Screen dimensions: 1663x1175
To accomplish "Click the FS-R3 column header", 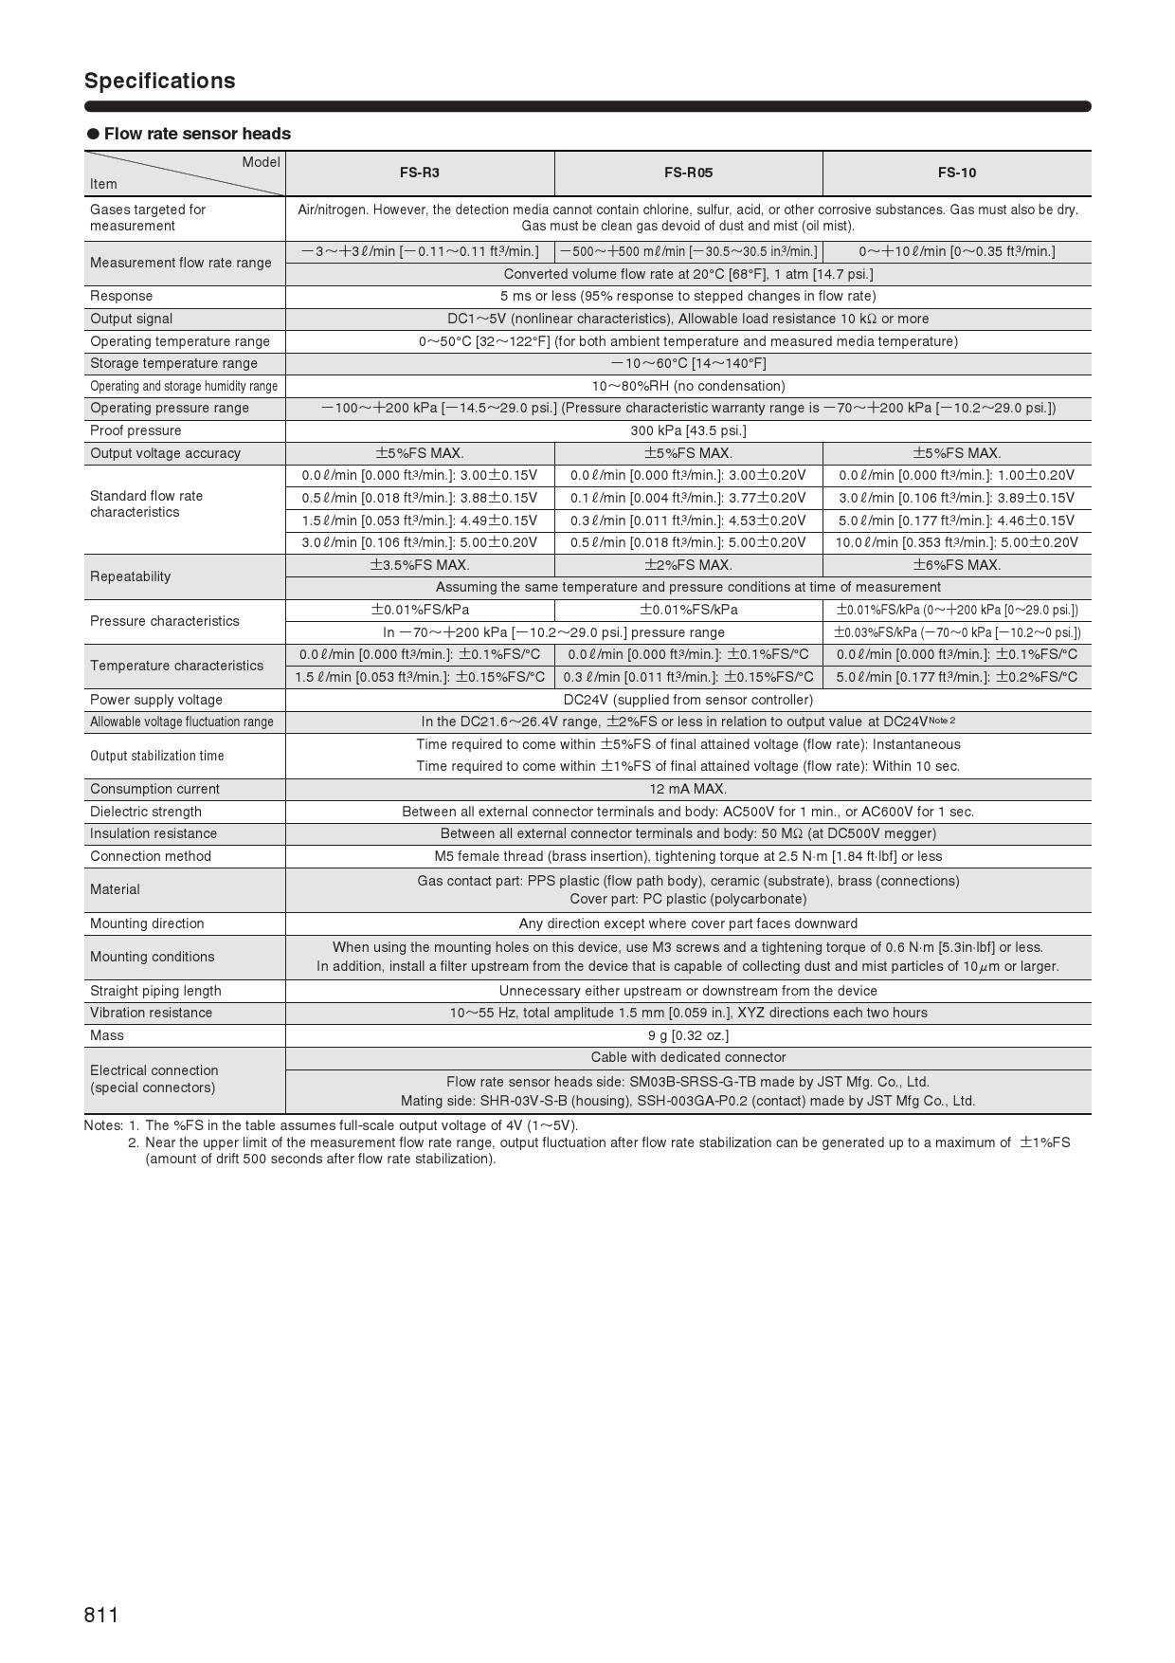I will pyautogui.click(x=419, y=173).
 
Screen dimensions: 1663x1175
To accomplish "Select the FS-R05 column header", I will pyautogui.click(x=688, y=173).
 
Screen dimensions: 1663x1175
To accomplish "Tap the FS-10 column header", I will pyautogui.click(x=956, y=173).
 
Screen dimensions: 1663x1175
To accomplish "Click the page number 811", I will pyautogui.click(x=101, y=1616).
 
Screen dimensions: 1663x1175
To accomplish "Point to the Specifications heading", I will pyautogui.click(x=159, y=81).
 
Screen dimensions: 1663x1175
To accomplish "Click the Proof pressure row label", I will pyautogui.click(x=136, y=430).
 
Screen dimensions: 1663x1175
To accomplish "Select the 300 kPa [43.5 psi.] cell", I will pyautogui.click(x=688, y=430).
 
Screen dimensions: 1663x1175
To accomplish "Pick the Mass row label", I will pyautogui.click(x=107, y=1035).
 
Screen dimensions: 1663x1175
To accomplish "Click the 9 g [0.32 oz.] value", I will pyautogui.click(x=688, y=1035).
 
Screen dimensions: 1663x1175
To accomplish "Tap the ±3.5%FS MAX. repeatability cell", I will pyautogui.click(x=419, y=565).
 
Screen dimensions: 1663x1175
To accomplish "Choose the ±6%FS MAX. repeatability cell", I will pyautogui.click(x=956, y=565).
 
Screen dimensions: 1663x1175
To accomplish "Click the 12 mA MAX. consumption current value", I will pyautogui.click(x=688, y=789).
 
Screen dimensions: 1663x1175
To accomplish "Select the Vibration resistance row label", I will pyautogui.click(x=152, y=1013).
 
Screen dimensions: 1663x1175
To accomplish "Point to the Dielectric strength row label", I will pyautogui.click(x=146, y=812).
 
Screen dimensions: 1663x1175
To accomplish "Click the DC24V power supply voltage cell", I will pyautogui.click(x=688, y=700).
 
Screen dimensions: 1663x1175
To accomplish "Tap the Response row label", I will pyautogui.click(x=121, y=296).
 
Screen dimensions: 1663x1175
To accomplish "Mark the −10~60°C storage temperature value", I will pyautogui.click(x=688, y=363).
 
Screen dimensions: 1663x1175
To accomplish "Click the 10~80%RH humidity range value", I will pyautogui.click(x=688, y=386).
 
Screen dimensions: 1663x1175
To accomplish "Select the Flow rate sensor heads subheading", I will pyautogui.click(x=197, y=134).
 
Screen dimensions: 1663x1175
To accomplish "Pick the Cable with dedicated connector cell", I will pyautogui.click(x=688, y=1057).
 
